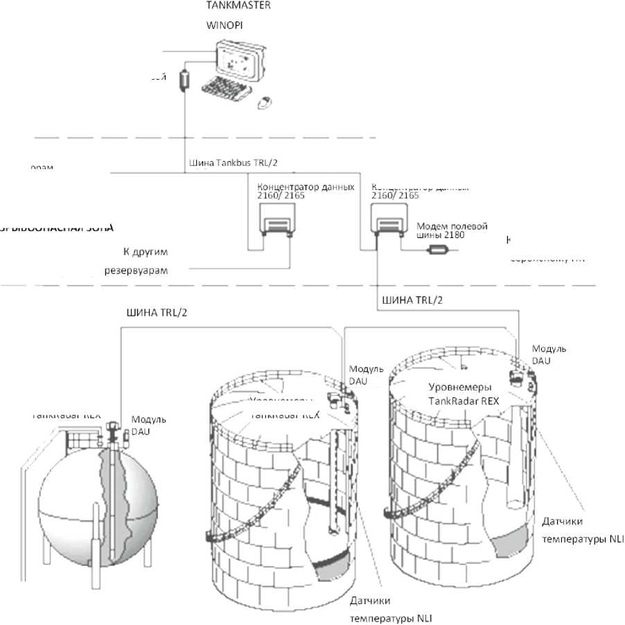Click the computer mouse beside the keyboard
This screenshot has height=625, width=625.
tap(264, 104)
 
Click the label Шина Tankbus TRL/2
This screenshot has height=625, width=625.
tap(233, 164)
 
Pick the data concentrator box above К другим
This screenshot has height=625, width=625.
tap(272, 223)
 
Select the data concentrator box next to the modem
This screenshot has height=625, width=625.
tap(388, 223)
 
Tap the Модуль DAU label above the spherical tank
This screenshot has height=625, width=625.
tap(149, 425)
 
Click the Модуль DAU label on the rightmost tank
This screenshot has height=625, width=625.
tap(548, 354)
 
